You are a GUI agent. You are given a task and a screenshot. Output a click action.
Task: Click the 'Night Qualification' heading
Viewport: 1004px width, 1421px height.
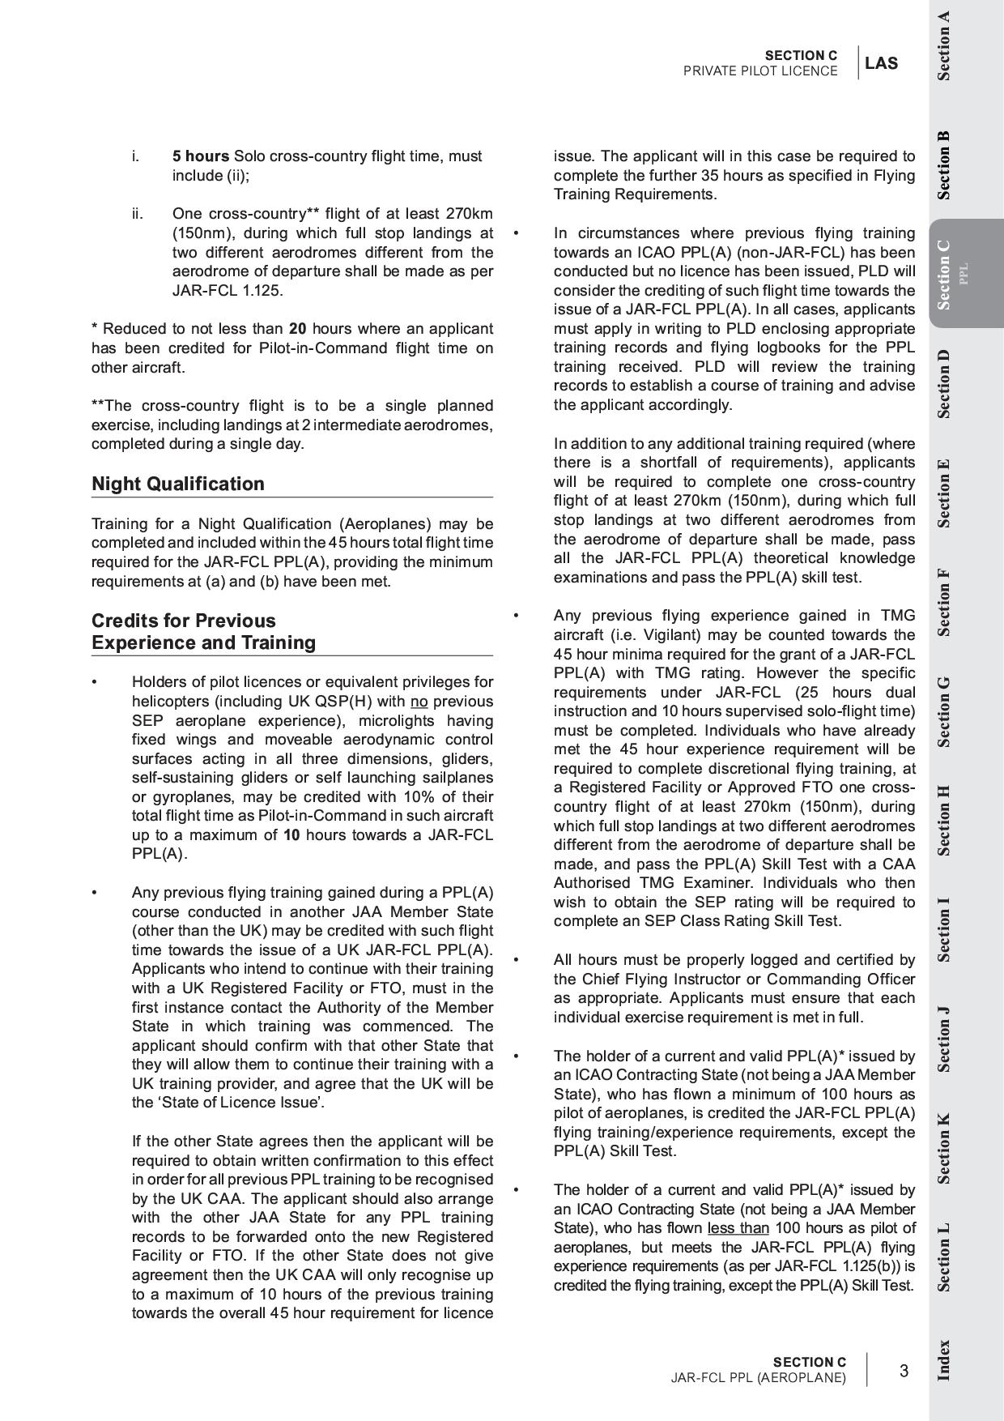(x=177, y=484)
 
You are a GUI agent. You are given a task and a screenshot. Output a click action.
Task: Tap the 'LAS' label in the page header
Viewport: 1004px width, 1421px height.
(x=881, y=63)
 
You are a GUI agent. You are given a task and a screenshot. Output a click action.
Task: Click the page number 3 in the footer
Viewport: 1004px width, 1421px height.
(x=904, y=1371)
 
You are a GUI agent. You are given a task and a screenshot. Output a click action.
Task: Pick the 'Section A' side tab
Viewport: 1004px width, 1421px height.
(x=944, y=45)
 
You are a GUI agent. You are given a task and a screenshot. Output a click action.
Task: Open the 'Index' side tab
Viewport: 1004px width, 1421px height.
(x=944, y=1360)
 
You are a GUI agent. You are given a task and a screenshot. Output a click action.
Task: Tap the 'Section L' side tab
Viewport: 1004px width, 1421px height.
(x=944, y=1257)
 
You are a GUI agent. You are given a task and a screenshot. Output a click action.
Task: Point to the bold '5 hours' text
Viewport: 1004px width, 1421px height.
(x=200, y=156)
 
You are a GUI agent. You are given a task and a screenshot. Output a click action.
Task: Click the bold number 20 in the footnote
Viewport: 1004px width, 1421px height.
(x=297, y=329)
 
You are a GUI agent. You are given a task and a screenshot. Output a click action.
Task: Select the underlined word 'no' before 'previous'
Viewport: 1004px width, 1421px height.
(x=419, y=702)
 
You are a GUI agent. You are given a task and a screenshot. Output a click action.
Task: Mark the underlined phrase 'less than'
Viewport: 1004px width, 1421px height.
(x=738, y=1228)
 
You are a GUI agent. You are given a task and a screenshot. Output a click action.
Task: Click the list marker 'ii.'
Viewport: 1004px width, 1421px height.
(x=138, y=214)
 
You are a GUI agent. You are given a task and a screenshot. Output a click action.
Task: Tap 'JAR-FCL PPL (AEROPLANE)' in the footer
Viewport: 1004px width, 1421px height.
(x=758, y=1378)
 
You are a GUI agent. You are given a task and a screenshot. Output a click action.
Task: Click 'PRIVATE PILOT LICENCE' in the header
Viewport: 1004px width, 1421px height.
(x=760, y=71)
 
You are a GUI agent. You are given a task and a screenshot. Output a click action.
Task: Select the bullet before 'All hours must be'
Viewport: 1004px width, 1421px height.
(x=516, y=960)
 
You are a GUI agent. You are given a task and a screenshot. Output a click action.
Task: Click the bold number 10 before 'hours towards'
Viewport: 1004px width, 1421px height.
(x=291, y=835)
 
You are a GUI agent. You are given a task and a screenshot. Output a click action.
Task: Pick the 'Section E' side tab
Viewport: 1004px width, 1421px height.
(x=944, y=493)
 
